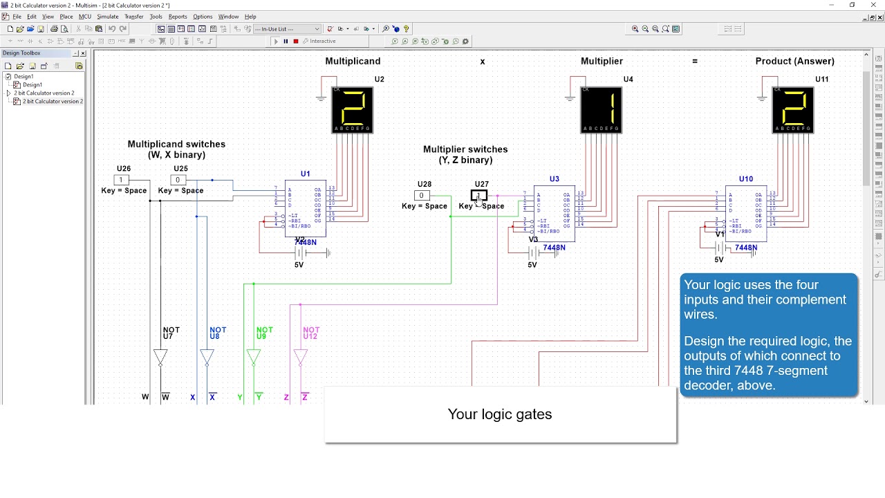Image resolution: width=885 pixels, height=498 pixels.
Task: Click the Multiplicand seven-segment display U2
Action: (353, 110)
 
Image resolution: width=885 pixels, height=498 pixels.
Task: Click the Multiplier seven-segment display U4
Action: (602, 110)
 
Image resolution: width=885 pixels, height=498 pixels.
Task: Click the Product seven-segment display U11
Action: (793, 110)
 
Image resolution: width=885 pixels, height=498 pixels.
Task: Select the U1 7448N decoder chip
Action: (306, 207)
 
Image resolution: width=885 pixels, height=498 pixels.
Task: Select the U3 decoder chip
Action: (554, 213)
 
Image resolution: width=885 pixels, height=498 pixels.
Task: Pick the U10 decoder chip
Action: (746, 213)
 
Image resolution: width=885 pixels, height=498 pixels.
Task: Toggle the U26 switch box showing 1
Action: (121, 180)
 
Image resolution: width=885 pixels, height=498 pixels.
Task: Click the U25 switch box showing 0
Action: (178, 180)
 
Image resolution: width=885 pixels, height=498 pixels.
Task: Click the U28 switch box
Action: (421, 195)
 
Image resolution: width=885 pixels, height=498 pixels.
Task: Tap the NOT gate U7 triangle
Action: (160, 357)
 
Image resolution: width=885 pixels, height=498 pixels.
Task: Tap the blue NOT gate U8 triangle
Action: (207, 357)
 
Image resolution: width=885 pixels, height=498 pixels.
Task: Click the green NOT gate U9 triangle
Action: (253, 357)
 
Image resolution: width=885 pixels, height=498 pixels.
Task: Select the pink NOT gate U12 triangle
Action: (300, 357)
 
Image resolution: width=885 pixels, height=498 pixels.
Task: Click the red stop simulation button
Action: (296, 41)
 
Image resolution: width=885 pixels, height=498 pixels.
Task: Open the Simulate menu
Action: (107, 17)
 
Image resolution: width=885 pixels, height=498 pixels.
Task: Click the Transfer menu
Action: (134, 17)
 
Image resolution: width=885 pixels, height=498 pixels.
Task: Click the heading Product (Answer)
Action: (794, 62)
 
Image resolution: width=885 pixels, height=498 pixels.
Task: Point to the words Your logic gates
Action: (500, 414)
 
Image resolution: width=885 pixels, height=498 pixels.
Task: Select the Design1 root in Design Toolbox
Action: (24, 76)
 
